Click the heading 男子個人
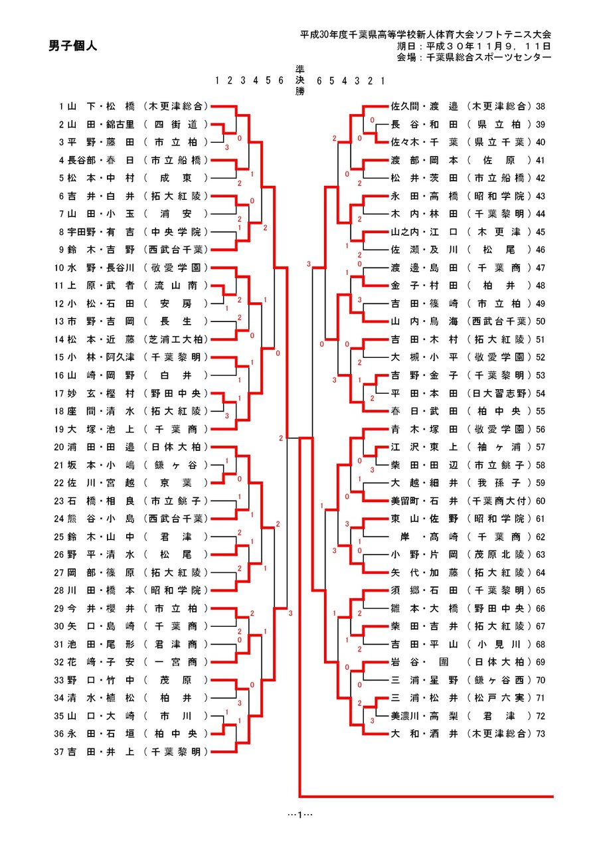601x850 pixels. coord(72,46)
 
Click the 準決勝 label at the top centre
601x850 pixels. coord(300,80)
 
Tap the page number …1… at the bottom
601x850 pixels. coord(300,814)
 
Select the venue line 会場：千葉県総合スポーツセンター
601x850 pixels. coord(473,57)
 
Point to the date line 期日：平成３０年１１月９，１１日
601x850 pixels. coord(473,46)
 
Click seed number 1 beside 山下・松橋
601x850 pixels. coord(61,106)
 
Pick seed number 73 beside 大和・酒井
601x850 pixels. coord(541,734)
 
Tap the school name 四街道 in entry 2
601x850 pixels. coord(176,124)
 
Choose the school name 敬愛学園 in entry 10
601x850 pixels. coord(176,268)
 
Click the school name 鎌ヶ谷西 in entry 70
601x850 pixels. coord(499,679)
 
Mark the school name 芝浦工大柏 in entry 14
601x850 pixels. coord(176,339)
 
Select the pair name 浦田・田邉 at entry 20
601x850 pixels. coord(101,447)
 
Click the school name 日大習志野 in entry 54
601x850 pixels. coord(499,393)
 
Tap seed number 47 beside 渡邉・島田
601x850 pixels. coord(541,268)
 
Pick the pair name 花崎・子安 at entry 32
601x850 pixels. coord(101,662)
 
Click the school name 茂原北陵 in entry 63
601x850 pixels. coord(499,554)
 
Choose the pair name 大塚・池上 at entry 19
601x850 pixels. coord(101,429)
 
